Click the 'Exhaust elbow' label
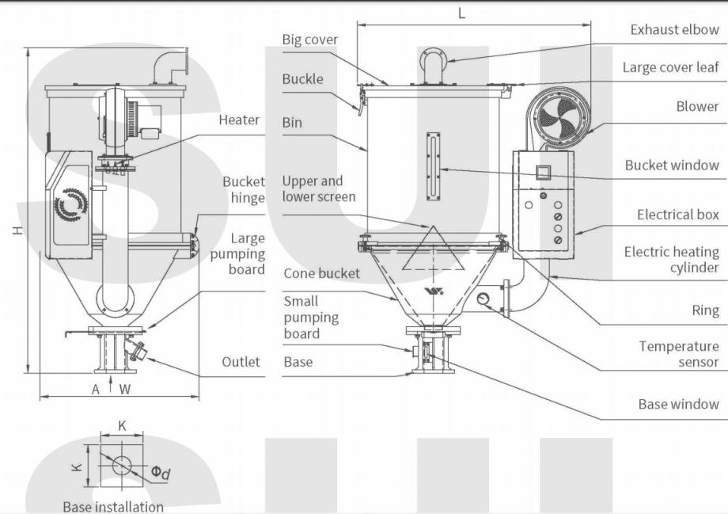[x=674, y=30]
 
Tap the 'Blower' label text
[x=697, y=106]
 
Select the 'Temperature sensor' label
[x=679, y=354]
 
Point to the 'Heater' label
[x=239, y=120]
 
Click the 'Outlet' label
[x=241, y=362]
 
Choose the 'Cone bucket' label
[x=321, y=273]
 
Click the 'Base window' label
[x=678, y=405]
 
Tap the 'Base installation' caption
[x=113, y=507]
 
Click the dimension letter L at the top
[x=462, y=13]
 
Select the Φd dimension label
[x=161, y=474]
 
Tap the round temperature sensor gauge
[x=484, y=299]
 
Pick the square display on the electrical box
[x=543, y=171]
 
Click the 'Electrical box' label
[x=678, y=215]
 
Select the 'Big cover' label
[x=309, y=40]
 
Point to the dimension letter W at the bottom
[x=125, y=389]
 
